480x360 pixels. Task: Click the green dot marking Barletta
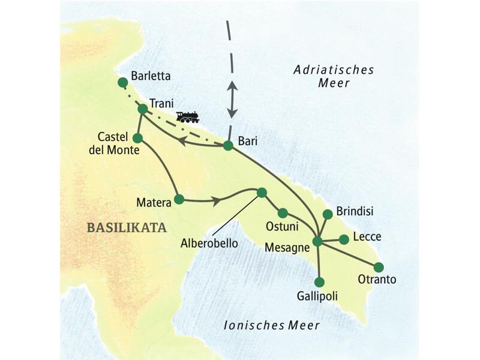click(x=123, y=82)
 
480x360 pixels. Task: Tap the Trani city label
click(x=161, y=103)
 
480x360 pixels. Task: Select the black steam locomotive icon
click(x=188, y=116)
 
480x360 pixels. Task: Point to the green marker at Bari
click(x=228, y=145)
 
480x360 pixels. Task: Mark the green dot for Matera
click(x=179, y=199)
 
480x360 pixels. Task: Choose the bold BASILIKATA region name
click(x=126, y=227)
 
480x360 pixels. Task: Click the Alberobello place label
click(x=209, y=244)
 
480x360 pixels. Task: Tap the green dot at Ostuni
click(x=283, y=212)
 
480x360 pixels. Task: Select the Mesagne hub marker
click(x=318, y=242)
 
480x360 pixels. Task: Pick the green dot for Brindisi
click(x=328, y=214)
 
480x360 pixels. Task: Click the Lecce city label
click(x=367, y=236)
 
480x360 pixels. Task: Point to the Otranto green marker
click(x=379, y=267)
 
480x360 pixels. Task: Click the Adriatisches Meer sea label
click(x=334, y=76)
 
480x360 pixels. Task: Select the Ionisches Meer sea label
click(x=271, y=325)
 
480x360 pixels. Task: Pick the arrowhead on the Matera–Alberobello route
click(x=214, y=200)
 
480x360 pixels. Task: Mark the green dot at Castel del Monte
click(x=137, y=138)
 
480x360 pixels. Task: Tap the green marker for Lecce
click(x=344, y=239)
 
